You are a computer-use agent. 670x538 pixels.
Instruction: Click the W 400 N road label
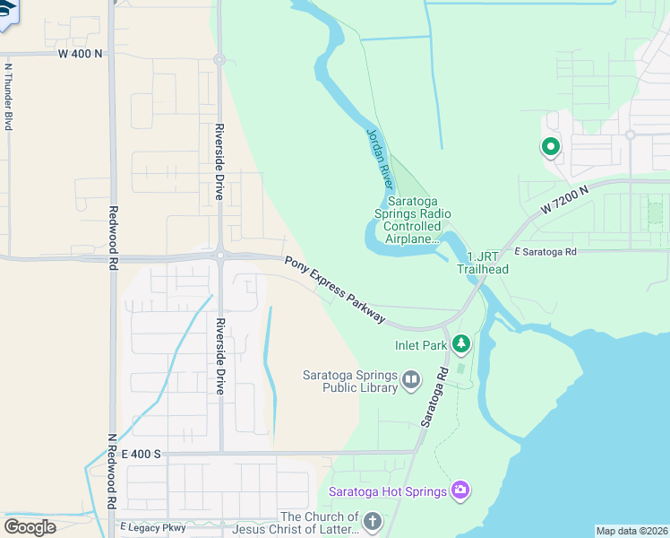tap(80, 54)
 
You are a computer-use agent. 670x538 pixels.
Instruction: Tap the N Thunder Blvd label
tap(8, 97)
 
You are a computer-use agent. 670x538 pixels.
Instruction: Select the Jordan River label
tap(380, 158)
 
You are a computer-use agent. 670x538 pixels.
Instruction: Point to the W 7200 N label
tap(564, 201)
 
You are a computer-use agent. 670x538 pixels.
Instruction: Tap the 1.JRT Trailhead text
tap(483, 264)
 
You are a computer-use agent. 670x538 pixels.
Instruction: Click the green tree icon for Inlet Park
tap(460, 343)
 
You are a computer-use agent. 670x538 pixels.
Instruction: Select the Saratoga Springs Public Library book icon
tap(411, 380)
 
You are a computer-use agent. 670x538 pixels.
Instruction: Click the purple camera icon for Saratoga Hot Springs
tap(460, 490)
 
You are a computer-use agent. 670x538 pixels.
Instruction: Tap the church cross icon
tap(373, 521)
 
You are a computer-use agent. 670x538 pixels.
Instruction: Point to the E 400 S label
tap(140, 455)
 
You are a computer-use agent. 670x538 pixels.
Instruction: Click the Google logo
tap(30, 526)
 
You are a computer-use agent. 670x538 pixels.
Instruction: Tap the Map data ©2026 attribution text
tap(631, 531)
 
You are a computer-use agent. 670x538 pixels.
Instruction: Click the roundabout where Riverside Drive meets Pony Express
tap(219, 255)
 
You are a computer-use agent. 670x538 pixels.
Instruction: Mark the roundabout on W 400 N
tap(219, 60)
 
